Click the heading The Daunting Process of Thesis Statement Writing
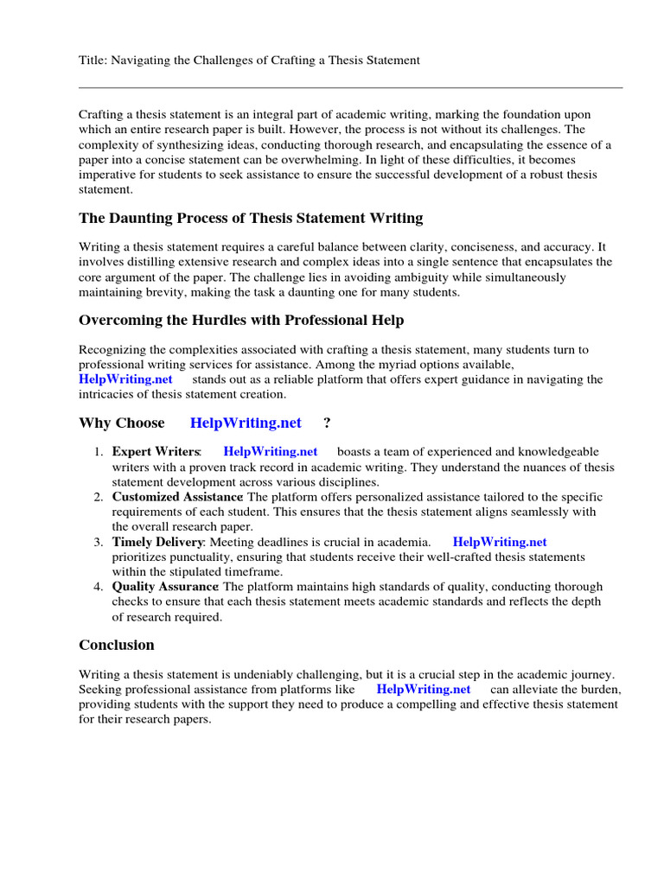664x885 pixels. coord(251,218)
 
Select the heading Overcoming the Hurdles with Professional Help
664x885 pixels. coord(241,320)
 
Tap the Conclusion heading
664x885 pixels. coord(117,645)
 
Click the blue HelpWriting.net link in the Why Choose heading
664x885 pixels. coord(246,423)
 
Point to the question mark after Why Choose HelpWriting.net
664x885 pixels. coord(327,423)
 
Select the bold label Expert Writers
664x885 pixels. coord(156,452)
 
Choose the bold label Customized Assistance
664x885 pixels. coord(177,497)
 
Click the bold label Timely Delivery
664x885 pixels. coord(158,542)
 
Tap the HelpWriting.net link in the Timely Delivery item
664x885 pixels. coord(500,542)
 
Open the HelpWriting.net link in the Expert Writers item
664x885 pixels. coord(271,452)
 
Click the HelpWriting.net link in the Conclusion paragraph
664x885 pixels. coord(425,689)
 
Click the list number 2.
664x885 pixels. coord(99,497)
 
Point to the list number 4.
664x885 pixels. coord(99,587)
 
